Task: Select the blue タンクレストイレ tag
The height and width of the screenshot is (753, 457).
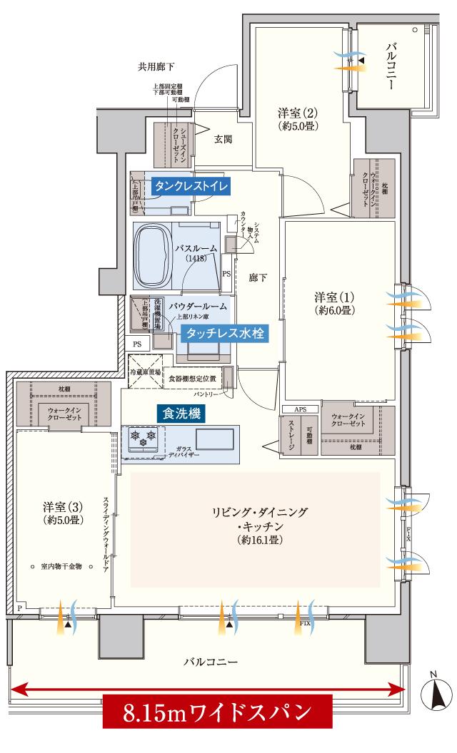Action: (191, 186)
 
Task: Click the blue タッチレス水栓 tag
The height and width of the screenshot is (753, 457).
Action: (224, 332)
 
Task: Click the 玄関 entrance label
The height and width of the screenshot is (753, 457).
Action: (223, 140)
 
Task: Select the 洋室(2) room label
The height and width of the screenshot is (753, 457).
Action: (297, 118)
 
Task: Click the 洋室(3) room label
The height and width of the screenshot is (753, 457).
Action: (63, 513)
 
